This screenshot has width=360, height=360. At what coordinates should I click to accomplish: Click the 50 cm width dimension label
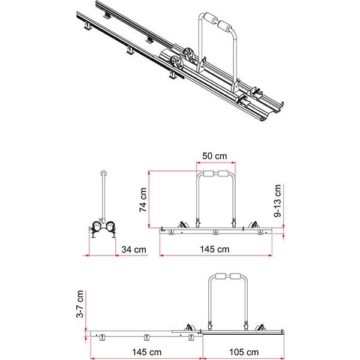coord(214,156)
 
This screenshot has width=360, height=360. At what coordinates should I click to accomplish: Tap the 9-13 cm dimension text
coord(278,200)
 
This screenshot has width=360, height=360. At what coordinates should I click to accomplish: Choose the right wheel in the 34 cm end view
coord(112,227)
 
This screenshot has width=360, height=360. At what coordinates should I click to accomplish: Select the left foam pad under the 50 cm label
coord(208,175)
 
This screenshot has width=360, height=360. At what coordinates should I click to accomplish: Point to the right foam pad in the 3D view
coord(227,27)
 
